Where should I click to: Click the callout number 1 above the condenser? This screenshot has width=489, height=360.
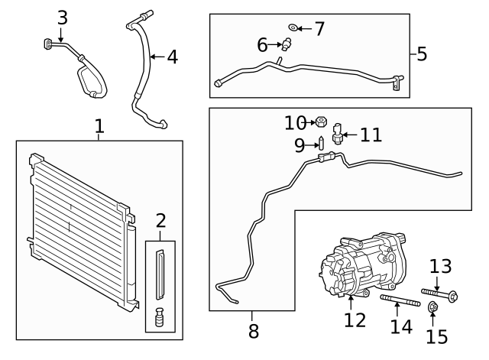coord(99,126)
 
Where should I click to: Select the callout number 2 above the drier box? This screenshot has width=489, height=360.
coord(160,222)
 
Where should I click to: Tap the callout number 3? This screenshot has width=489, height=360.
coord(62,17)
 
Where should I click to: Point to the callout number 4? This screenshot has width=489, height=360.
coord(172,57)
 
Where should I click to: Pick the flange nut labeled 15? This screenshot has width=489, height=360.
coord(432,308)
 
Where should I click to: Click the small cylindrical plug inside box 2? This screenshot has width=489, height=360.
coord(160,316)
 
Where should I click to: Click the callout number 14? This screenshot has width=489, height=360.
coord(401,326)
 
